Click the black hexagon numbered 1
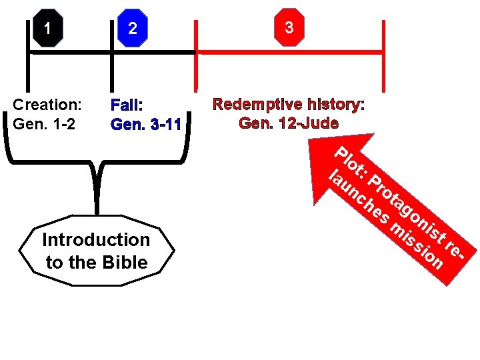pyautogui.click(x=47, y=28)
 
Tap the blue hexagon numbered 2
pyautogui.click(x=133, y=28)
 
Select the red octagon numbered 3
pyautogui.click(x=288, y=28)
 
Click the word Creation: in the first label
pyautogui.click(x=47, y=105)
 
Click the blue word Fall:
pyautogui.click(x=127, y=105)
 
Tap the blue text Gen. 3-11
pyautogui.click(x=146, y=124)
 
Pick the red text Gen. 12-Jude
pyautogui.click(x=288, y=123)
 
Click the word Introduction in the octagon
pyautogui.click(x=96, y=239)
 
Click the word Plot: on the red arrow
pyautogui.click(x=352, y=164)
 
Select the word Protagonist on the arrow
pyautogui.click(x=406, y=206)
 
